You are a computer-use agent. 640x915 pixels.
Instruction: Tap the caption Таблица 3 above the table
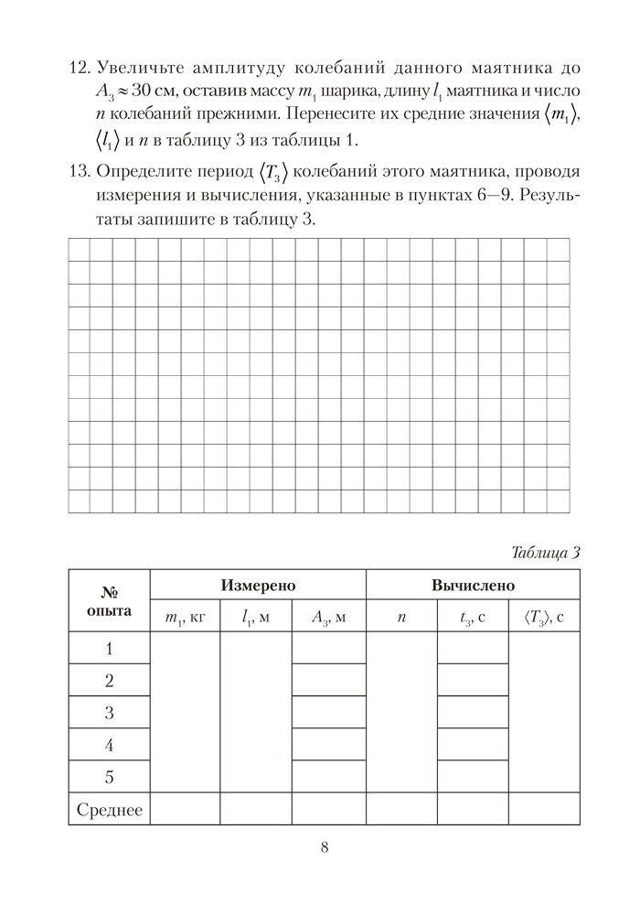(x=545, y=552)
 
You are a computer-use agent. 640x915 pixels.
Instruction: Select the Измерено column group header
(x=258, y=585)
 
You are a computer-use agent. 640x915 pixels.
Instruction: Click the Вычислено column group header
(x=473, y=585)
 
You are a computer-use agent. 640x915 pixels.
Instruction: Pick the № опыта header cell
(x=109, y=600)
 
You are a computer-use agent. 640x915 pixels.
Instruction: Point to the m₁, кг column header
(x=185, y=618)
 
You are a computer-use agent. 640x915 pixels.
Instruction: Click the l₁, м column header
(x=256, y=618)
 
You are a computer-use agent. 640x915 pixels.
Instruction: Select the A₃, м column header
(x=328, y=618)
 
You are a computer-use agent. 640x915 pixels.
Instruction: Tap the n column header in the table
(x=400, y=618)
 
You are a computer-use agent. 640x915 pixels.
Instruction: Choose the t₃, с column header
(x=473, y=618)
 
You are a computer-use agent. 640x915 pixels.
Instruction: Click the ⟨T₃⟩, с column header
(x=544, y=618)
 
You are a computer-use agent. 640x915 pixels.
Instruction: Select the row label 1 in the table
(x=109, y=649)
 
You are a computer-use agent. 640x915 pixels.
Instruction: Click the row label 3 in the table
(x=109, y=713)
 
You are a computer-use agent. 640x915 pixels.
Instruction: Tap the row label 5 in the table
(x=109, y=777)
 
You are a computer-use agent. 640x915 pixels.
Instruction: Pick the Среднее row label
(x=109, y=809)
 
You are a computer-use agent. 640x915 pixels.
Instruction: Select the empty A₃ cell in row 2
(x=328, y=681)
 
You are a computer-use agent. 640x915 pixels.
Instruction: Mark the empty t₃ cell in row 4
(x=473, y=745)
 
